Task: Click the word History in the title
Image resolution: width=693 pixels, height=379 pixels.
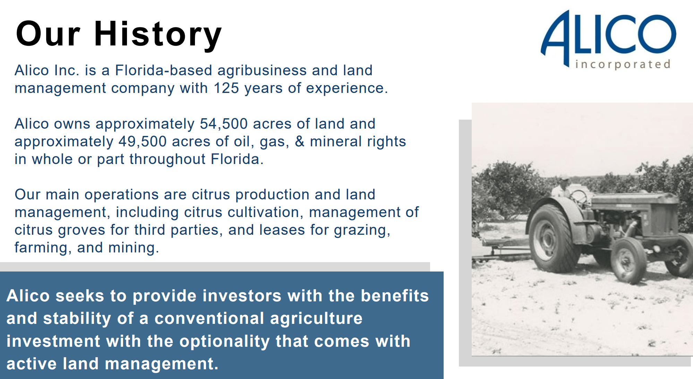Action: tap(158, 34)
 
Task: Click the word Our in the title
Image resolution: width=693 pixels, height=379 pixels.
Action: tap(48, 34)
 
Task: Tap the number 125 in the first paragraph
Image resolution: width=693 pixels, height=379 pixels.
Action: tap(226, 88)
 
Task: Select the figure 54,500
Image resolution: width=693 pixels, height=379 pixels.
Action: tap(224, 124)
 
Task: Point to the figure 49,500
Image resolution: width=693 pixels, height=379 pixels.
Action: tap(143, 141)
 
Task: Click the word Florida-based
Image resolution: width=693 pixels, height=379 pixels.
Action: tap(163, 70)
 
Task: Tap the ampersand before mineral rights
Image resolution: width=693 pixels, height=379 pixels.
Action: tap(299, 141)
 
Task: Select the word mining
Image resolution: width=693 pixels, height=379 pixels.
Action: tap(133, 248)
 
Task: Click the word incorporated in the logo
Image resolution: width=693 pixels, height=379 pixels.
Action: tap(623, 64)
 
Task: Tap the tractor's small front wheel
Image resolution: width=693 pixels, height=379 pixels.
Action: tap(628, 260)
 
